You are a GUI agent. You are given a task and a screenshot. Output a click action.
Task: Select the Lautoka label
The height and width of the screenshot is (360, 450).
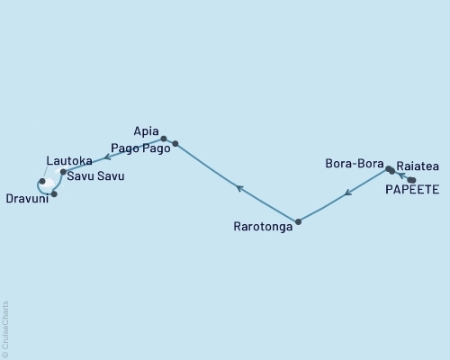[x=68, y=161]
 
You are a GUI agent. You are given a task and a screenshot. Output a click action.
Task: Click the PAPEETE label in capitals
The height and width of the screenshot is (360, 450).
[x=412, y=191]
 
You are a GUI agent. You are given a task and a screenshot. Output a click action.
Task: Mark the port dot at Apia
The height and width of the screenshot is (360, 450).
[x=163, y=139]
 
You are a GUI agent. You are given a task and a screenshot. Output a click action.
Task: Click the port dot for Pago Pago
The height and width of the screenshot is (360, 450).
[x=175, y=144]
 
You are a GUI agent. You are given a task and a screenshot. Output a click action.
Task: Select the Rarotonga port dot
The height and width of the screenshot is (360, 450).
[x=298, y=220]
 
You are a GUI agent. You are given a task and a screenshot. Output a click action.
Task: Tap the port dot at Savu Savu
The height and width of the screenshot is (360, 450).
[x=62, y=172]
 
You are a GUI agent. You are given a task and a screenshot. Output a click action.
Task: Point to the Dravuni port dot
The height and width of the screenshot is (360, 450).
[x=54, y=193]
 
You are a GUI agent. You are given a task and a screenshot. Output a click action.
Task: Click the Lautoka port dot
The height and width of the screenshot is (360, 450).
[x=42, y=181]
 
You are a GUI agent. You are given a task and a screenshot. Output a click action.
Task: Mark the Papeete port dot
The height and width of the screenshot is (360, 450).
[x=411, y=180]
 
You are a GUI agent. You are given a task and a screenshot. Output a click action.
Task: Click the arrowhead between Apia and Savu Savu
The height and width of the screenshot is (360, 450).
[x=108, y=157]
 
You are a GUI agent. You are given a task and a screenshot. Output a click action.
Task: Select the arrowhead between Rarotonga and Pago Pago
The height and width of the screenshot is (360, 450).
[x=238, y=187]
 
